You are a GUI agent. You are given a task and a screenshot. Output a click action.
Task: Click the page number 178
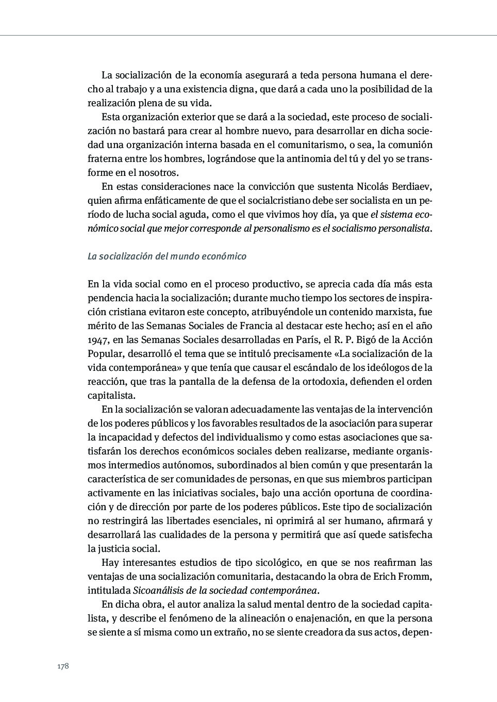(x=63, y=666)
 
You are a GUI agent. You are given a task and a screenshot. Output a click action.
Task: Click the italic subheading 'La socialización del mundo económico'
(x=167, y=256)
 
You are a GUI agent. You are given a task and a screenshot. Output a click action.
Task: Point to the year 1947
(x=98, y=340)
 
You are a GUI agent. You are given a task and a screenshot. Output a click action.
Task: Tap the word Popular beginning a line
(x=105, y=354)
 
